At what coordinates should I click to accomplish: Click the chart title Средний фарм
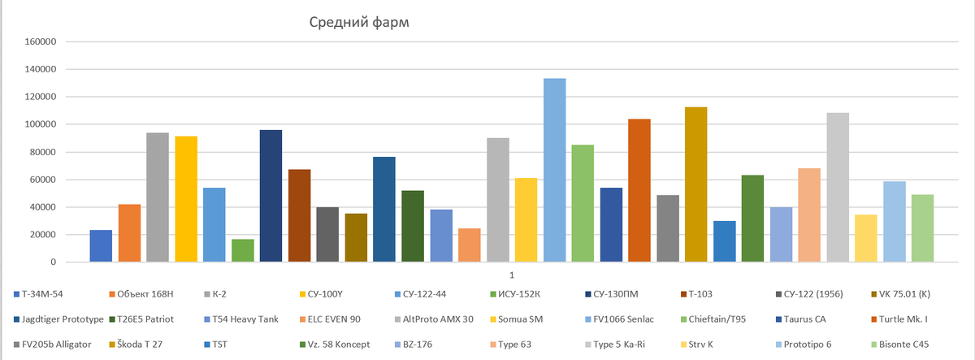pyautogui.click(x=358, y=22)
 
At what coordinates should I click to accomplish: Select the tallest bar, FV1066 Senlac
pyautogui.click(x=555, y=171)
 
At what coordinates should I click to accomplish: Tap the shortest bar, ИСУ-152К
pyautogui.click(x=243, y=250)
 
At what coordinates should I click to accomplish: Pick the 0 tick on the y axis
pyautogui.click(x=51, y=262)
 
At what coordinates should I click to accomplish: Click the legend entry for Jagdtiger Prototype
pyautogui.click(x=54, y=320)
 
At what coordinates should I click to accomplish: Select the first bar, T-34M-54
pyautogui.click(x=101, y=246)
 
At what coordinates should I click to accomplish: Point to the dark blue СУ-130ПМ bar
pyautogui.click(x=271, y=196)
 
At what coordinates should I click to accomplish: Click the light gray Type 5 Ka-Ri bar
pyautogui.click(x=838, y=188)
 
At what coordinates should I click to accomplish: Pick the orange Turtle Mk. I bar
pyautogui.click(x=639, y=191)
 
